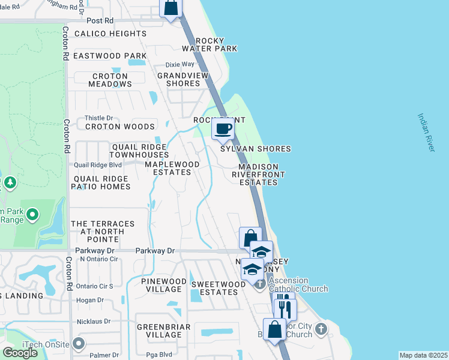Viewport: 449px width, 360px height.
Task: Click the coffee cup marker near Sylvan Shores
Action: pyautogui.click(x=223, y=129)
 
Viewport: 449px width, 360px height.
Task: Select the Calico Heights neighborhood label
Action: pyautogui.click(x=110, y=34)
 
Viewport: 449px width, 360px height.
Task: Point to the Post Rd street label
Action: pyautogui.click(x=100, y=20)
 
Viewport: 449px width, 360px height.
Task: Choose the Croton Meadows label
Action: pyautogui.click(x=110, y=80)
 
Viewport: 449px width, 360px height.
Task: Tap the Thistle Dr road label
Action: pyautogui.click(x=99, y=118)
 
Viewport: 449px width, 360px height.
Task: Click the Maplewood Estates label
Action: pyautogui.click(x=168, y=168)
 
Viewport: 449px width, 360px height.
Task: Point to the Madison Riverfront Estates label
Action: pyautogui.click(x=259, y=175)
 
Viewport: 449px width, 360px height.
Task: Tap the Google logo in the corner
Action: pyautogui.click(x=20, y=352)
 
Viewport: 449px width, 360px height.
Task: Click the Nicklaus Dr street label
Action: pyautogui.click(x=94, y=321)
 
